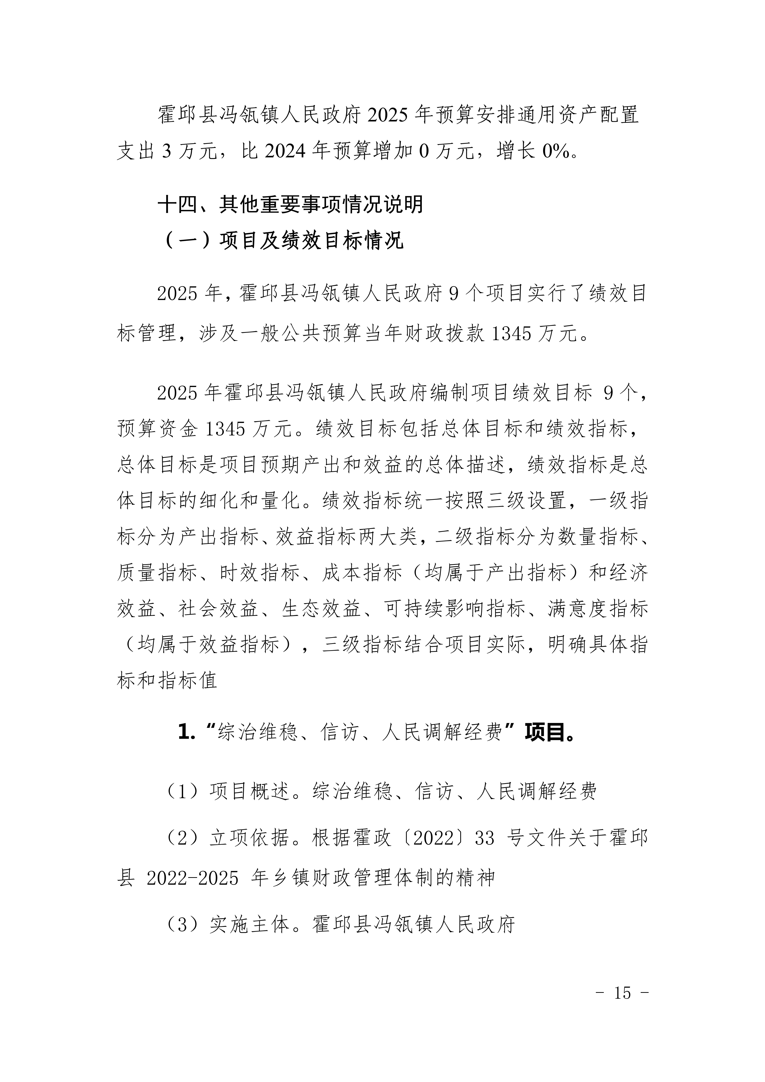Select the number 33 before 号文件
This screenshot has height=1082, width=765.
(x=485, y=837)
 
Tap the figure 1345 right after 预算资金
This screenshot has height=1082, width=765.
(x=226, y=428)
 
